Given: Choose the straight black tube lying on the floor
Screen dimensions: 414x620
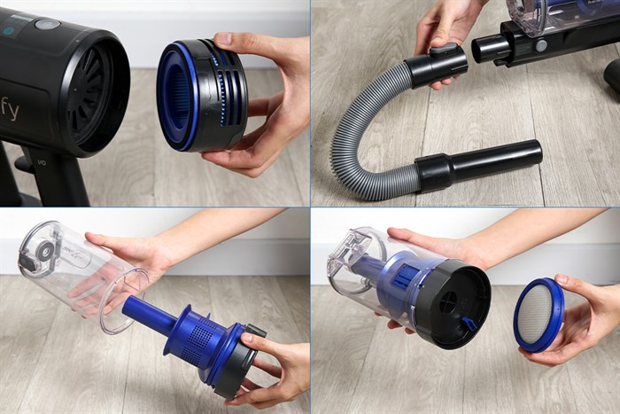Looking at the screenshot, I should pos(500,158).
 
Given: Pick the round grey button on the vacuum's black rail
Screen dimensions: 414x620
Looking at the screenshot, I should pos(540,45).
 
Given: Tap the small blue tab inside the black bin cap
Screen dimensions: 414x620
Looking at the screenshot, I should pos(469,324).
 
